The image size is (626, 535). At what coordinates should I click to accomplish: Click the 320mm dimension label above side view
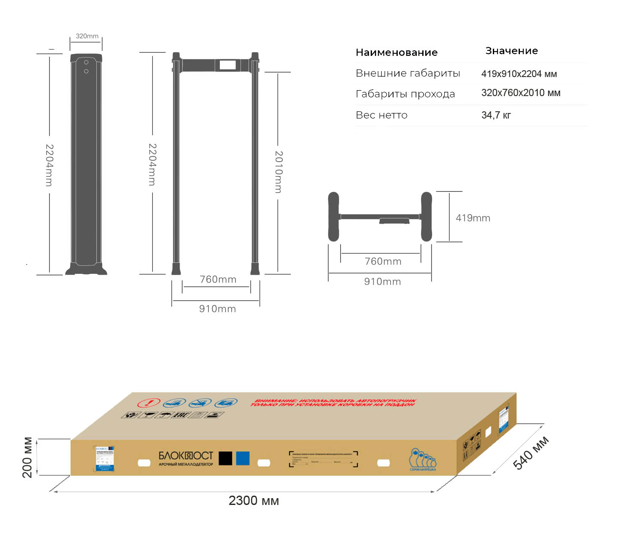pyautogui.click(x=87, y=36)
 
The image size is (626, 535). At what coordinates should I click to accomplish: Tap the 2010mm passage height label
pyautogui.click(x=279, y=172)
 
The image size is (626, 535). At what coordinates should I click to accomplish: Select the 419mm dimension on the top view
pyautogui.click(x=473, y=218)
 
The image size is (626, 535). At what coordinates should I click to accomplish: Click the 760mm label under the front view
pyautogui.click(x=218, y=279)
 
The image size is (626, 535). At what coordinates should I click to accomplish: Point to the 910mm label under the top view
pyautogui.click(x=383, y=281)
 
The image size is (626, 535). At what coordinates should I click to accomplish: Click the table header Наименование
pyautogui.click(x=396, y=52)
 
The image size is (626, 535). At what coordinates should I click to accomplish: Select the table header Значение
pyautogui.click(x=511, y=51)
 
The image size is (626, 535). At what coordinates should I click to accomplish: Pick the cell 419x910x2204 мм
pyautogui.click(x=519, y=74)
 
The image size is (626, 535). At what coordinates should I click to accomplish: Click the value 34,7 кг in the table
pyautogui.click(x=496, y=115)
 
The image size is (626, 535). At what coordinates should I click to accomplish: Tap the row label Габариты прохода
pyautogui.click(x=405, y=94)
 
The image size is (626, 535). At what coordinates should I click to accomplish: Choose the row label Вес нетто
pyautogui.click(x=382, y=115)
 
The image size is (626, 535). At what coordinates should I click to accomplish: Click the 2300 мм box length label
pyautogui.click(x=254, y=501)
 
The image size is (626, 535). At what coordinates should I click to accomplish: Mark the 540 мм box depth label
pyautogui.click(x=531, y=453)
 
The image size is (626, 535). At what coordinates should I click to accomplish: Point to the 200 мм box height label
pyautogui.click(x=27, y=457)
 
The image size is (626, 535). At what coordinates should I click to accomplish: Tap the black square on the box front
pyautogui.click(x=225, y=458)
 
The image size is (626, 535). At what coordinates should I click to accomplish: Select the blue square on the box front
pyautogui.click(x=243, y=458)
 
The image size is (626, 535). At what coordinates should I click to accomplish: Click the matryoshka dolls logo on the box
pyautogui.click(x=422, y=459)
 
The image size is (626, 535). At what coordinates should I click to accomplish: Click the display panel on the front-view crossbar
pyautogui.click(x=227, y=65)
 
